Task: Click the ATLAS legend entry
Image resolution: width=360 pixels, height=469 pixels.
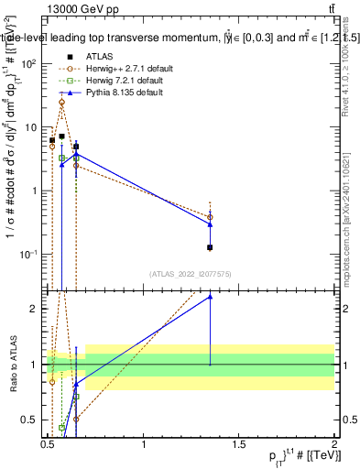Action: coord(99,57)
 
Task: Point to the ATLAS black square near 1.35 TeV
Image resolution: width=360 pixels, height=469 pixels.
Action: coord(211,247)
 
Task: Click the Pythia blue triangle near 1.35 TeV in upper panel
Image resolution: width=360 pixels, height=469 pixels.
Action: coord(211,224)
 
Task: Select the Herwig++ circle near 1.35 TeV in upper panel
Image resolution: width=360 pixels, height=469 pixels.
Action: coord(211,217)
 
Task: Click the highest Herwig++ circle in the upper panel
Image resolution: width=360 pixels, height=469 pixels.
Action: coord(61,103)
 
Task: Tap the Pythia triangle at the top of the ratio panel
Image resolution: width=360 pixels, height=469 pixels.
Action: coord(211,296)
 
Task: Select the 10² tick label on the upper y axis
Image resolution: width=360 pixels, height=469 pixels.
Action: coord(29,64)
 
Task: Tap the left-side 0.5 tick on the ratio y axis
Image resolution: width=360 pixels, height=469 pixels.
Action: coord(32,420)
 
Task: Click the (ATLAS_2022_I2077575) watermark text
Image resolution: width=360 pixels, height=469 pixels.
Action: coord(191,273)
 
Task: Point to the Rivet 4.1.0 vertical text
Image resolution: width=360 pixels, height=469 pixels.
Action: coord(345,73)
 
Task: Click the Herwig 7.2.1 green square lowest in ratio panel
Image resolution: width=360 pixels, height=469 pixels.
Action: coord(61,428)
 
